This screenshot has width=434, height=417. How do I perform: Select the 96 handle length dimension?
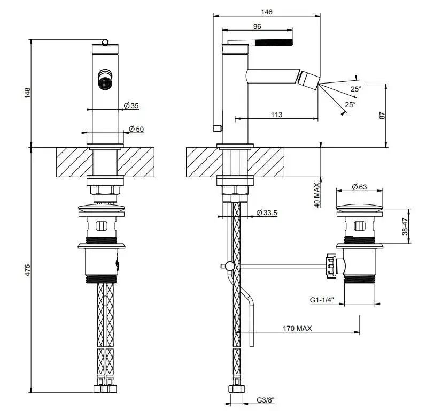click(257, 26)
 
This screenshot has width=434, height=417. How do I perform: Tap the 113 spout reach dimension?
click(276, 115)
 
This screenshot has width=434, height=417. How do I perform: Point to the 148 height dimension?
click(28, 93)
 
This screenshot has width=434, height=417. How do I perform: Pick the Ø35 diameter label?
click(131, 106)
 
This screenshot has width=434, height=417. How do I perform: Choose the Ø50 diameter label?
click(136, 129)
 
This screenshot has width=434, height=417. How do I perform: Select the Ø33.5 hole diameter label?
click(267, 213)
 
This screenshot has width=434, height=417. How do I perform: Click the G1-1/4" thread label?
click(324, 301)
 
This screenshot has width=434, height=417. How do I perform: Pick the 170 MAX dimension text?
click(297, 328)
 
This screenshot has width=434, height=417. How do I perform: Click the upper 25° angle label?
click(356, 88)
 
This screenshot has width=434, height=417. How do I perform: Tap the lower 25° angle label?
click(350, 104)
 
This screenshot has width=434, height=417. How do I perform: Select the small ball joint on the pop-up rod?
click(229, 265)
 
